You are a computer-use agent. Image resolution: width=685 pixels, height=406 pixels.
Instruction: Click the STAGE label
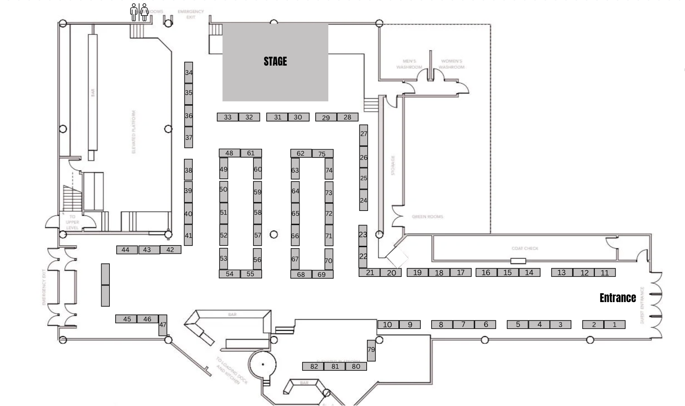[275, 61]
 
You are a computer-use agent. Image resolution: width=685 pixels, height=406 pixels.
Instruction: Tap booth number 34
[189, 72]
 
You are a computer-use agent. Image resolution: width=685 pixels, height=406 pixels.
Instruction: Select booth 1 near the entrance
[615, 325]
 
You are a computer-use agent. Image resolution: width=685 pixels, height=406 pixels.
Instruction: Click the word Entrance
[618, 298]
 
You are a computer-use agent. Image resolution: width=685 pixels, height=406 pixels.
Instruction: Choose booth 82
[313, 366]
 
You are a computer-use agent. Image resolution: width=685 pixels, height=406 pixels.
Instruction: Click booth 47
[163, 325]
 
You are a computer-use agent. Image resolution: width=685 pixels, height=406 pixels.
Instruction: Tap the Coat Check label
[525, 248]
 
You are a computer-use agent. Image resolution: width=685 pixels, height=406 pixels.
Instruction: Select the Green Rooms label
[427, 216]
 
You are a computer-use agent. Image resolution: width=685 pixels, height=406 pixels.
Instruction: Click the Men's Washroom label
[409, 64]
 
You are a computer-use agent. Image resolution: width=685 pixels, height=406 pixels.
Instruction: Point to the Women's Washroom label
[452, 64]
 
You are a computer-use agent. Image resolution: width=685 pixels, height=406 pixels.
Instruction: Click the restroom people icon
[139, 12]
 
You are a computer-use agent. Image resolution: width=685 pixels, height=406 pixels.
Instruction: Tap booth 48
[229, 153]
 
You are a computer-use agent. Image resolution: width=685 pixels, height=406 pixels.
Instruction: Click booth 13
[562, 272]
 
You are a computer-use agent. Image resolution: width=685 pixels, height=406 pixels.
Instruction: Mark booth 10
[388, 325]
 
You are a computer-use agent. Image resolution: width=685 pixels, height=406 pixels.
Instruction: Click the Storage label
[393, 165]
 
